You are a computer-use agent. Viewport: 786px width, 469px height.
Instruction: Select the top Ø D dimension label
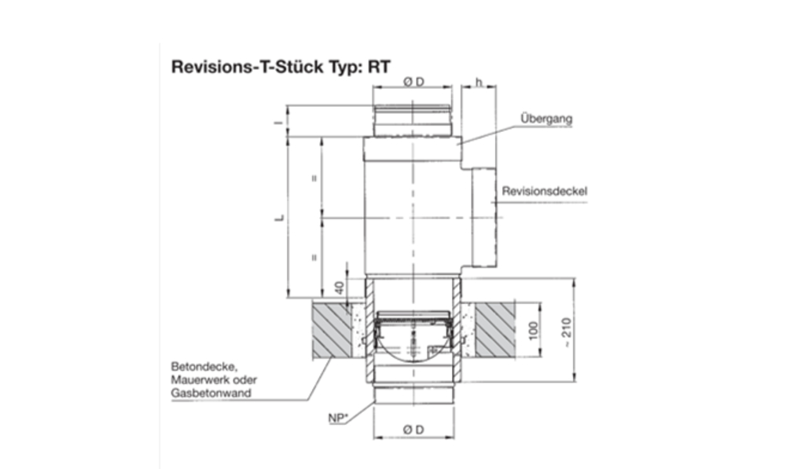[x=413, y=82]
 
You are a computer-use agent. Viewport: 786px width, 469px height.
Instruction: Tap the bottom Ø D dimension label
[x=413, y=429]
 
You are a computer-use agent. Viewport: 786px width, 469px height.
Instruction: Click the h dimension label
[x=479, y=82]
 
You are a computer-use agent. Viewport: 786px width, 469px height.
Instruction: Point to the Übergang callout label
[x=545, y=119]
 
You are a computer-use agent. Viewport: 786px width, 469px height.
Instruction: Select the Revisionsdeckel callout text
[x=545, y=191]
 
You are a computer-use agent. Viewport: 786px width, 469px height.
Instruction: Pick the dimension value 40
[x=339, y=288]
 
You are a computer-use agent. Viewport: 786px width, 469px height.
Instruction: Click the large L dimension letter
[x=278, y=217]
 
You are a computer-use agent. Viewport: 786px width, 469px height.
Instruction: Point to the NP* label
[x=339, y=418]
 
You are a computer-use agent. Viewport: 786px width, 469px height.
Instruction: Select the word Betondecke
[x=196, y=367]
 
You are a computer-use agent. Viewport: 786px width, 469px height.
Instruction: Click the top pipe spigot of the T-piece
[x=413, y=121]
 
